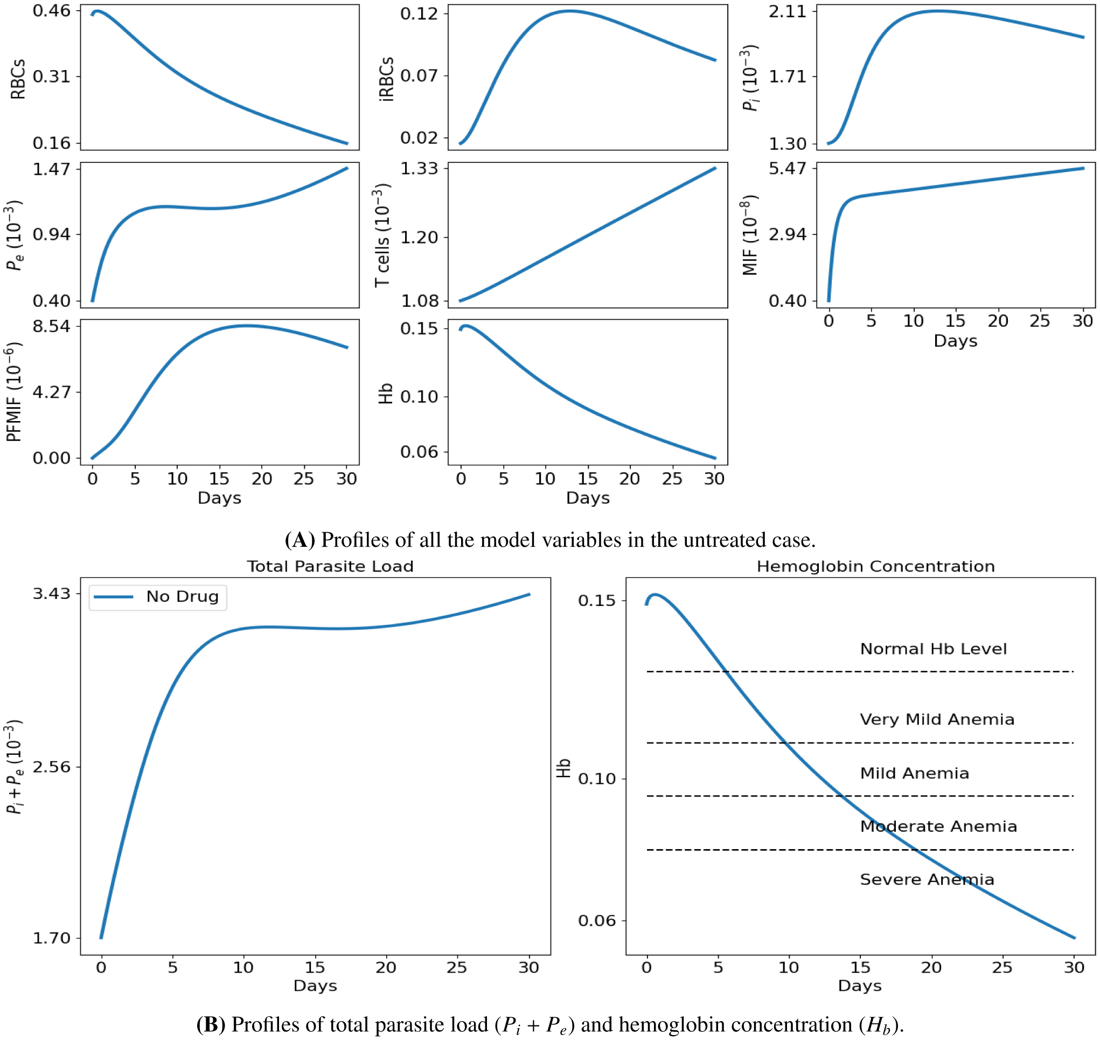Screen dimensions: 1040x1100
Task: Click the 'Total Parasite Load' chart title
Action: (330, 566)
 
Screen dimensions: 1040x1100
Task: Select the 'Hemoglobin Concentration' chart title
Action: (875, 566)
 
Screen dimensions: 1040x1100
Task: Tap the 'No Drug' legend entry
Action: (182, 596)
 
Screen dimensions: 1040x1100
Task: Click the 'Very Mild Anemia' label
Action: (937, 719)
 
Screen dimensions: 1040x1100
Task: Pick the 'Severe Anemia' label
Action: (927, 879)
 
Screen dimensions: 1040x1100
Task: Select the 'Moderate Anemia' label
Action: (938, 826)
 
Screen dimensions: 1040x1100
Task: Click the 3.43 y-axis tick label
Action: (52, 594)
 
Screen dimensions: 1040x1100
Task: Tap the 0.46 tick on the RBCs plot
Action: (52, 11)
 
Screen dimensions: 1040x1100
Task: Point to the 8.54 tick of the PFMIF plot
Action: (52, 326)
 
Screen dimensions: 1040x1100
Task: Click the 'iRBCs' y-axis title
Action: (387, 79)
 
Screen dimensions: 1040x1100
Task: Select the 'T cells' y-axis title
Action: (382, 237)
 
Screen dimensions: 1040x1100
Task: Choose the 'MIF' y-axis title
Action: (749, 235)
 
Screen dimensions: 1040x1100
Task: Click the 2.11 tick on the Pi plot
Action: (787, 11)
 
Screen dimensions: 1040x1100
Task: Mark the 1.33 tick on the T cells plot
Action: (419, 168)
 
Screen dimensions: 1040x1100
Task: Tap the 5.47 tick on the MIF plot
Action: (787, 168)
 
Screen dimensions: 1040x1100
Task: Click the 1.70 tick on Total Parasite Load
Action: (52, 938)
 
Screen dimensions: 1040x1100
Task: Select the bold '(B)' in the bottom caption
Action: (211, 1024)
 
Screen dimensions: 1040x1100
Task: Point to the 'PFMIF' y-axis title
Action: (14, 392)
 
